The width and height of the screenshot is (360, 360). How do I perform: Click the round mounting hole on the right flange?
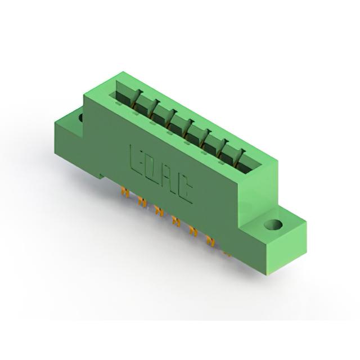(273, 224)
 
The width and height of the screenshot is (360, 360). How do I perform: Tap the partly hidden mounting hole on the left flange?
(81, 118)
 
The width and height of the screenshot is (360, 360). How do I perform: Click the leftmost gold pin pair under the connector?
(125, 192)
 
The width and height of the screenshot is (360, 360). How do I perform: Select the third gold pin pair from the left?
(159, 211)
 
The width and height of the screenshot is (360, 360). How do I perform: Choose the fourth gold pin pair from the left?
(176, 221)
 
